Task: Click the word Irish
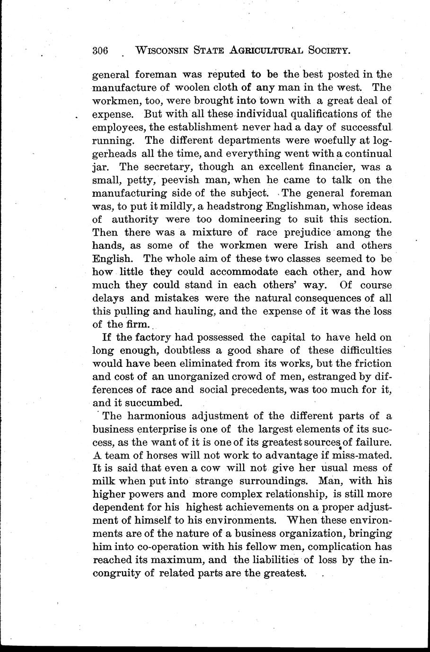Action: pyautogui.click(x=316, y=246)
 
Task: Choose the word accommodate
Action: pyautogui.click(x=244, y=272)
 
